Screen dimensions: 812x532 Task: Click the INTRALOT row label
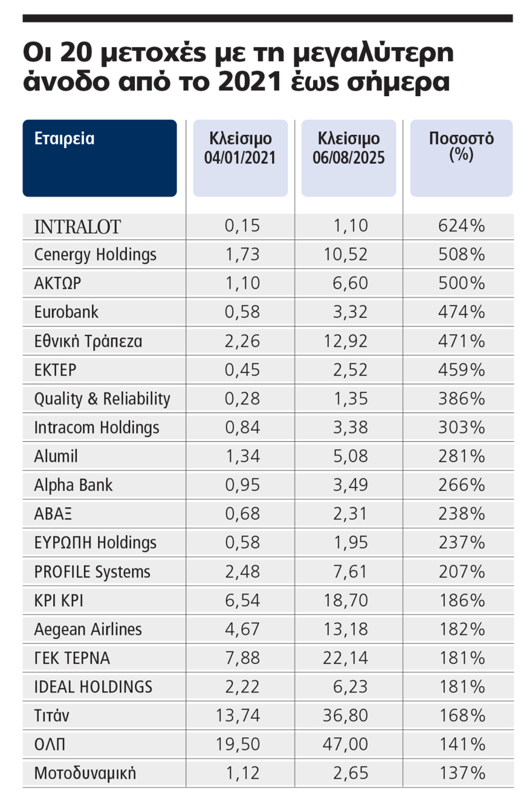click(77, 226)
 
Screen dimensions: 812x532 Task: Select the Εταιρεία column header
click(65, 138)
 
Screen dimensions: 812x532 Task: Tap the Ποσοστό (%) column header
click(461, 146)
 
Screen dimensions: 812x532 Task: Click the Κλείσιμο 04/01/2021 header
click(239, 147)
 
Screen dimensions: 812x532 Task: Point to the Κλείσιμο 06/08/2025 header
click(348, 147)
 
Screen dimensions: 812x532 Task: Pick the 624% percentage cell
click(461, 226)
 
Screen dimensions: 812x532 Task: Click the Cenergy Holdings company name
click(96, 255)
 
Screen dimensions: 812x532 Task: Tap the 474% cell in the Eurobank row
click(461, 313)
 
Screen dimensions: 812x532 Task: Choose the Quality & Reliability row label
click(102, 399)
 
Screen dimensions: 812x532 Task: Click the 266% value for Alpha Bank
click(461, 485)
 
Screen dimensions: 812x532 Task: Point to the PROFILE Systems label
click(92, 571)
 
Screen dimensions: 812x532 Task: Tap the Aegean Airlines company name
click(88, 629)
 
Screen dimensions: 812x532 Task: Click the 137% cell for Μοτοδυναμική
click(461, 773)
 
